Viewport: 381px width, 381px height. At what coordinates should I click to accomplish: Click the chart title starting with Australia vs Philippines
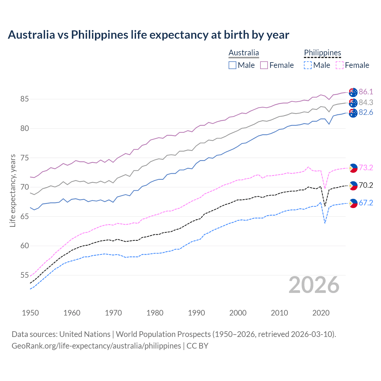[x=148, y=35]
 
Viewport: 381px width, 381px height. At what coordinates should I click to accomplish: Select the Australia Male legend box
[x=232, y=65]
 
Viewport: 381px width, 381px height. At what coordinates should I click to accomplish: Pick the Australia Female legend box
[x=264, y=65]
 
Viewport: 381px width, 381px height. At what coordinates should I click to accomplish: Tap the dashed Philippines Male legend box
[x=308, y=65]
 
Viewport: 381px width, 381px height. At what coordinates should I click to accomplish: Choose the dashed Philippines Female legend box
[x=339, y=65]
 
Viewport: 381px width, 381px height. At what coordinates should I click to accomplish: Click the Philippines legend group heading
[x=322, y=53]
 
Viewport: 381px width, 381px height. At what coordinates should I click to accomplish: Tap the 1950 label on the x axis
[x=30, y=313]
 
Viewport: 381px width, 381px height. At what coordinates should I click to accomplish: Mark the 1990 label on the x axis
[x=196, y=313]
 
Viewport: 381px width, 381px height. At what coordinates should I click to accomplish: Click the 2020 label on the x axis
[x=321, y=313]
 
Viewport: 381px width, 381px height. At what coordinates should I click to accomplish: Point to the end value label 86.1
[x=366, y=92]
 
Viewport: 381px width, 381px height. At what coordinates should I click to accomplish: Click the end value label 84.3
[x=366, y=102]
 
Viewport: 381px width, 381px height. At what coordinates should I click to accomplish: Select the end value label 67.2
[x=366, y=203]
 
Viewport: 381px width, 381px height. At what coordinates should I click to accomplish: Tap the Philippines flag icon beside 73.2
[x=353, y=168]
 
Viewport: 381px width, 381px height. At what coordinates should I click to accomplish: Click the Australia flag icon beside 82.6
[x=353, y=113]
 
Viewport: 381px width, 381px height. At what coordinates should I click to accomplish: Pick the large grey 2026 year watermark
[x=314, y=285]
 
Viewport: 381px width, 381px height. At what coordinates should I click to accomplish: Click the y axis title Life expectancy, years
[x=13, y=190]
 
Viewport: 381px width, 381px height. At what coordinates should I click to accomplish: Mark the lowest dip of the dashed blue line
[x=325, y=223]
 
